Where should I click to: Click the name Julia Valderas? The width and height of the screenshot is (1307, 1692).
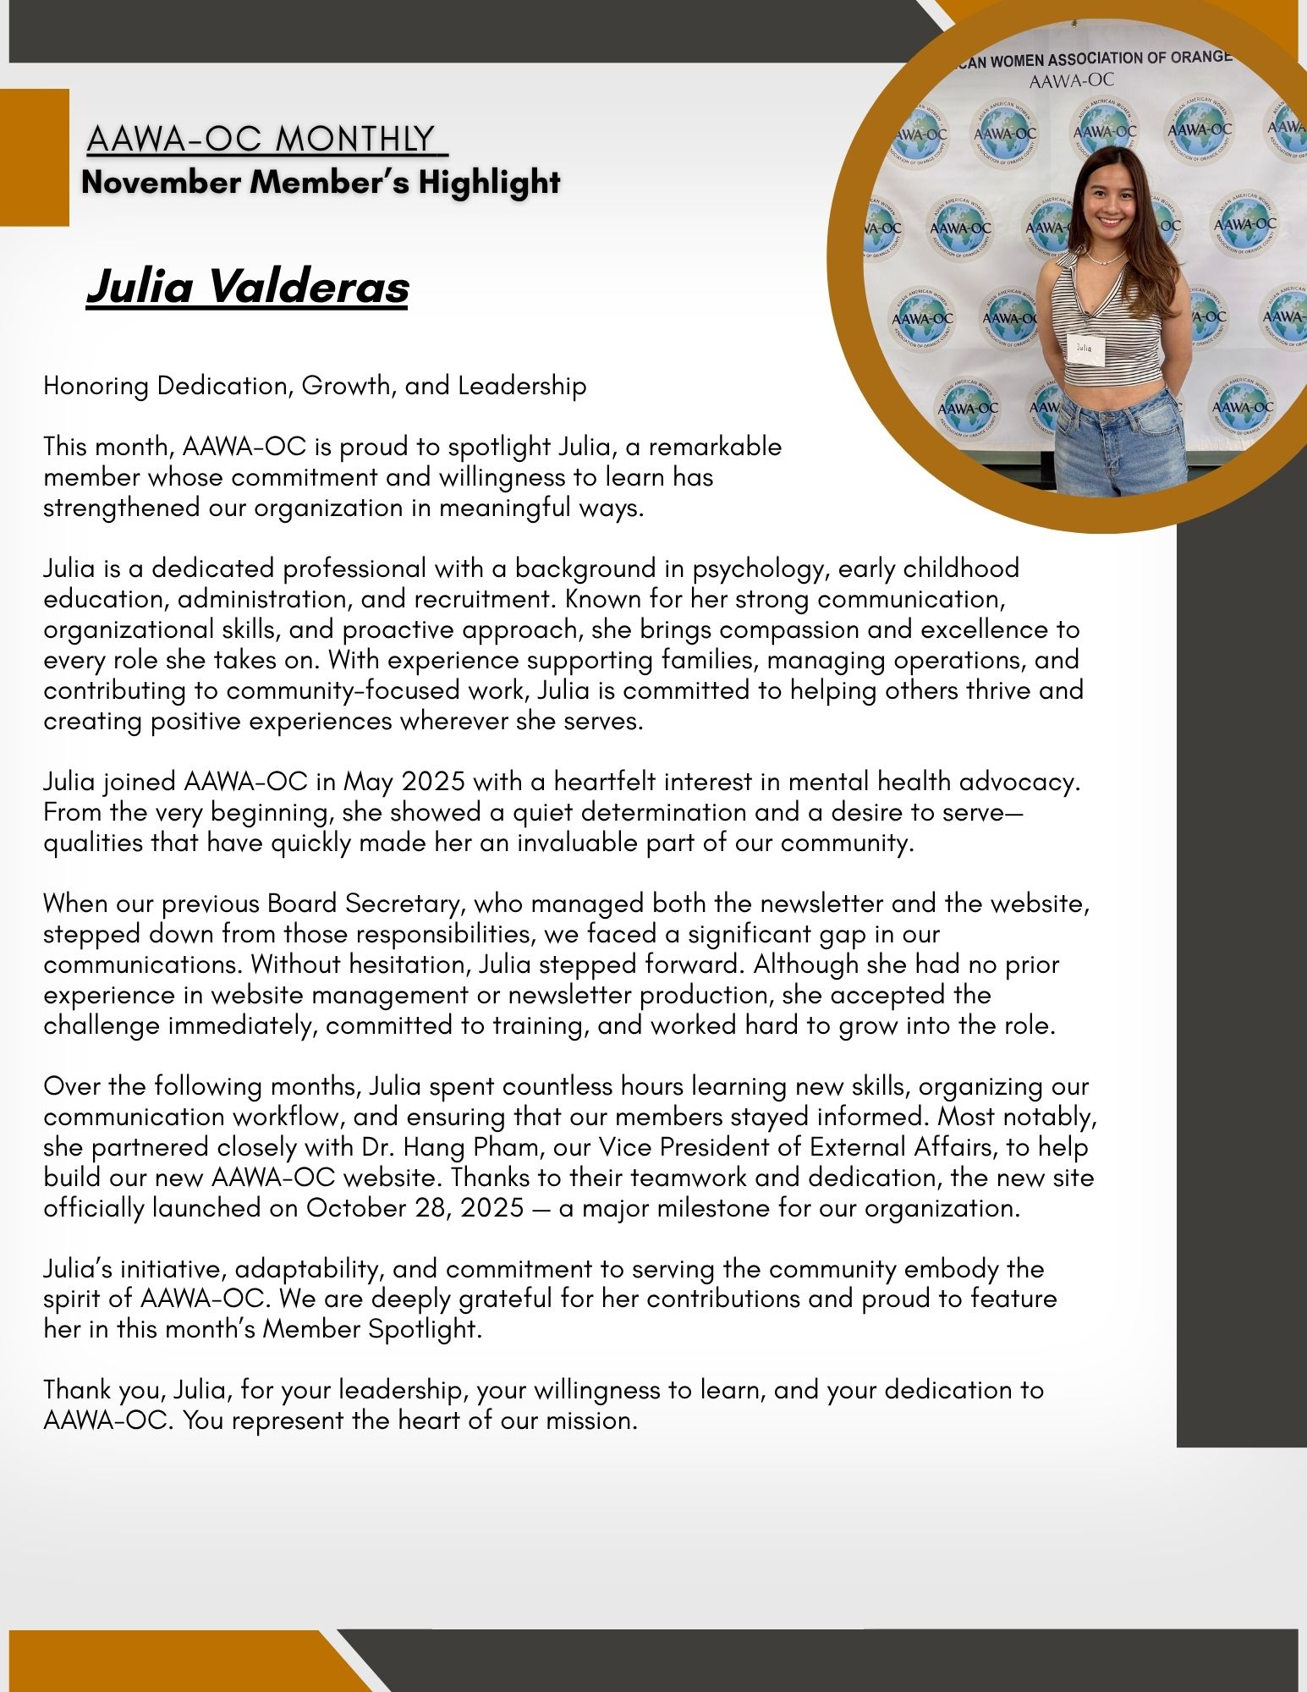click(247, 287)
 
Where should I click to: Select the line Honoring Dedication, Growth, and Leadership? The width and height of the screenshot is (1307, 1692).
click(315, 386)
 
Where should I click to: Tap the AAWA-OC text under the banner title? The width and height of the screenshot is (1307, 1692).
click(1071, 81)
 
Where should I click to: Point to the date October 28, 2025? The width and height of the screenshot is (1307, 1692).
click(415, 1208)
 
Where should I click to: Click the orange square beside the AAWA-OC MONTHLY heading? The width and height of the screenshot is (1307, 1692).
click(34, 157)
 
